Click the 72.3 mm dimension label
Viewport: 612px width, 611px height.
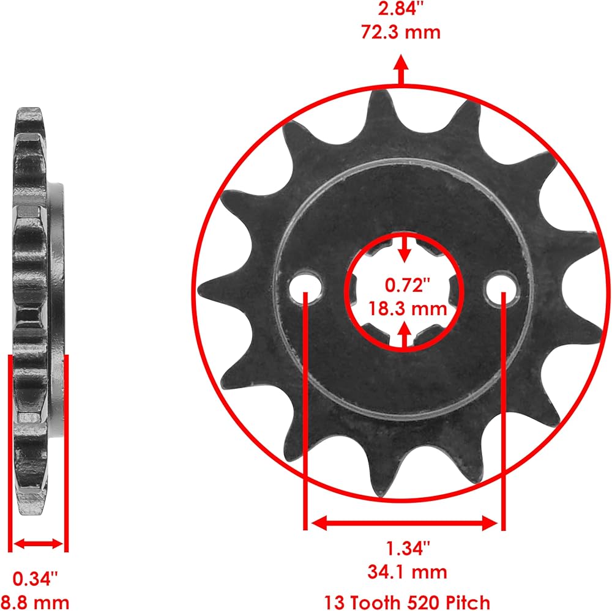click(x=401, y=32)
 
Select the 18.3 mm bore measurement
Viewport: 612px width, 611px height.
click(x=408, y=309)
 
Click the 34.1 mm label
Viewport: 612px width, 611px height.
click(x=407, y=572)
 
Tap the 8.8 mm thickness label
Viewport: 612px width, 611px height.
click(x=35, y=602)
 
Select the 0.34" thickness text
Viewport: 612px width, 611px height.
click(x=35, y=579)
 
